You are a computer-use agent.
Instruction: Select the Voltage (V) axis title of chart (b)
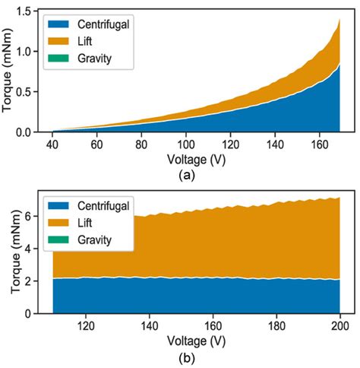(x=197, y=339)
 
